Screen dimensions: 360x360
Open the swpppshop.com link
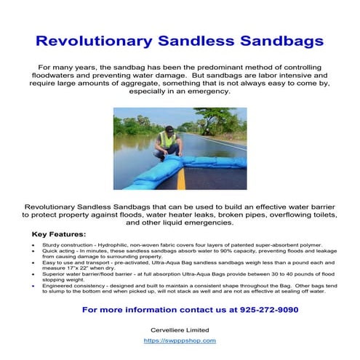(x=180, y=340)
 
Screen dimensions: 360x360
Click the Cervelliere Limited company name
(x=180, y=329)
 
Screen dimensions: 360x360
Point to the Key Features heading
(x=59, y=234)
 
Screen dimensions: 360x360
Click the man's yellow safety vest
(x=169, y=139)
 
